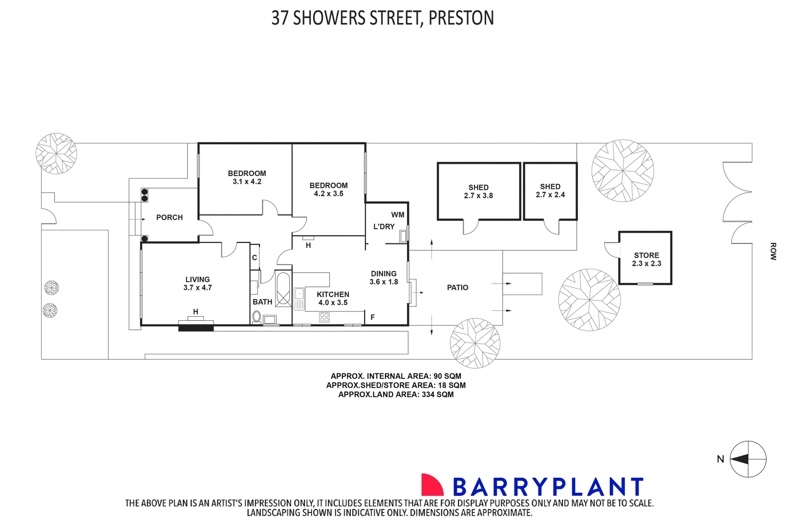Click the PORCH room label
[x=169, y=218]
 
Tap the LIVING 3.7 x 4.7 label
[x=197, y=284]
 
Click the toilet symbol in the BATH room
[x=257, y=317]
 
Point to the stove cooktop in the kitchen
[x=324, y=317]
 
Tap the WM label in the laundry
[x=398, y=215]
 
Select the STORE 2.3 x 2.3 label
[x=646, y=259]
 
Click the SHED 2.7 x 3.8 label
[x=478, y=191]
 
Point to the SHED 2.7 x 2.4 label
[x=550, y=191]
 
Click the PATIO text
[x=457, y=287]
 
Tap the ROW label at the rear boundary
[x=773, y=251]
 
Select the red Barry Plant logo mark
[x=432, y=485]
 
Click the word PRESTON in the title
[x=461, y=18]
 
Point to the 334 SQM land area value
[x=437, y=395]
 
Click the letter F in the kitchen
[x=372, y=317]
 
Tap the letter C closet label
[x=255, y=258]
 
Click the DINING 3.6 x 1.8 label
[x=384, y=278]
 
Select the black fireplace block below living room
[x=196, y=328]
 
